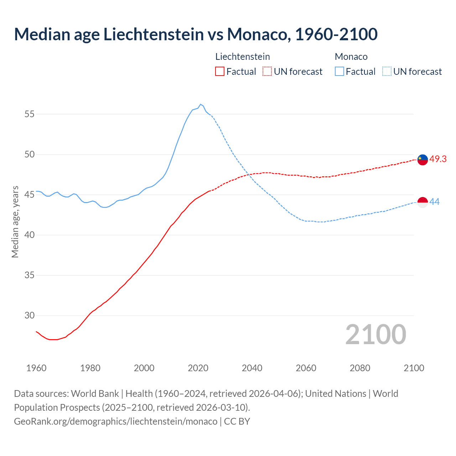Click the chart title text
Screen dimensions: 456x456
196,35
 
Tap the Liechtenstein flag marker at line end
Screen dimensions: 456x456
423,160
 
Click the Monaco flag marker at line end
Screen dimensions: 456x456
423,202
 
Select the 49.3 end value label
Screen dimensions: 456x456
438,159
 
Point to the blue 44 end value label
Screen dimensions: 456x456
434,202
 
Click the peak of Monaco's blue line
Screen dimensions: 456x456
201,104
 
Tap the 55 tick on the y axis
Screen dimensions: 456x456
30,114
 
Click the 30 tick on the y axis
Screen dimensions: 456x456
30,316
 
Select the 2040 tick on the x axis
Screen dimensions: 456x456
252,368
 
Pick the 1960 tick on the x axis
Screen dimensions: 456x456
36,368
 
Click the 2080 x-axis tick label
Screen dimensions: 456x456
360,368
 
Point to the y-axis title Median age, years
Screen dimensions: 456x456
15,222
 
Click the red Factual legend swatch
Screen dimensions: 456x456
220,72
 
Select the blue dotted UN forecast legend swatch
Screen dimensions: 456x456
387,72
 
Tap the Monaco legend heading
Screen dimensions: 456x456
351,57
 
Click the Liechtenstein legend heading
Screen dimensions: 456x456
243,57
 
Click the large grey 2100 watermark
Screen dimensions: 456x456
375,335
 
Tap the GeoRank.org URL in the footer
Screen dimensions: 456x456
115,421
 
